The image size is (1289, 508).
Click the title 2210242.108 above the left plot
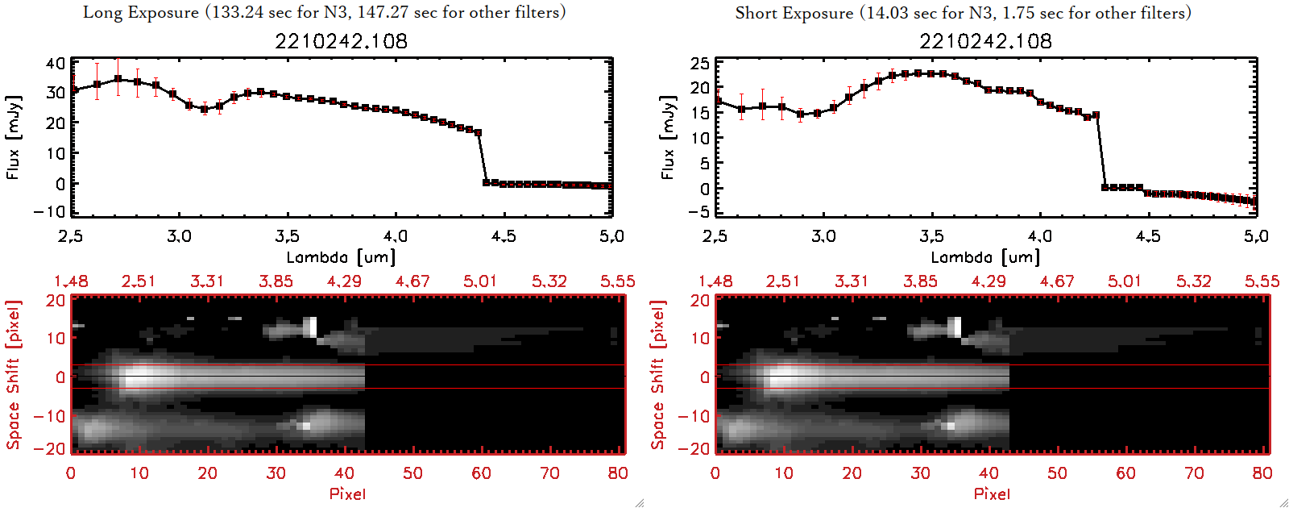pyautogui.click(x=341, y=41)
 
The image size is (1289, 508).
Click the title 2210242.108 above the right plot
pyautogui.click(x=985, y=41)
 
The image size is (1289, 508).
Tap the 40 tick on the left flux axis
pyautogui.click(x=56, y=63)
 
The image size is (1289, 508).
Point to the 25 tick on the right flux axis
pyautogui.click(x=700, y=63)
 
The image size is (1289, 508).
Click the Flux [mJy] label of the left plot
pyautogui.click(x=13, y=137)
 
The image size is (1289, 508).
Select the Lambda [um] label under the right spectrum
pyautogui.click(x=985, y=257)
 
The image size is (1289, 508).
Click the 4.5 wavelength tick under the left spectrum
pyautogui.click(x=504, y=236)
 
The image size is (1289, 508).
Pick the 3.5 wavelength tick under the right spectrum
pyautogui.click(x=931, y=236)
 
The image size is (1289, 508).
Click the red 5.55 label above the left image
pyautogui.click(x=617, y=281)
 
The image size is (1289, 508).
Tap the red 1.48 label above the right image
pyautogui.click(x=715, y=281)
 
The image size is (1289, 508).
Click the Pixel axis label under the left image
pyautogui.click(x=347, y=493)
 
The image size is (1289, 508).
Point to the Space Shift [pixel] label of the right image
pyautogui.click(x=658, y=375)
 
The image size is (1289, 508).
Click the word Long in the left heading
pyautogui.click(x=102, y=12)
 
